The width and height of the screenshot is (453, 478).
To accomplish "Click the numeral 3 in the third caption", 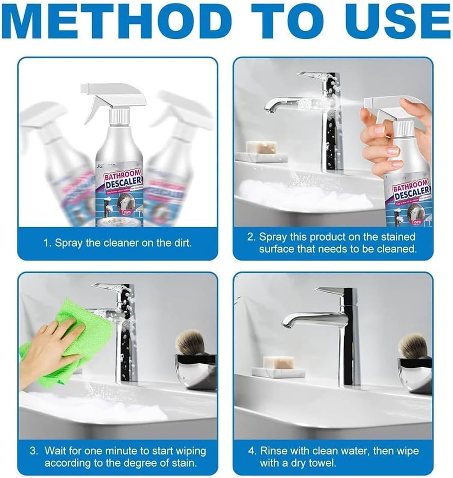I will click(x=33, y=451).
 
